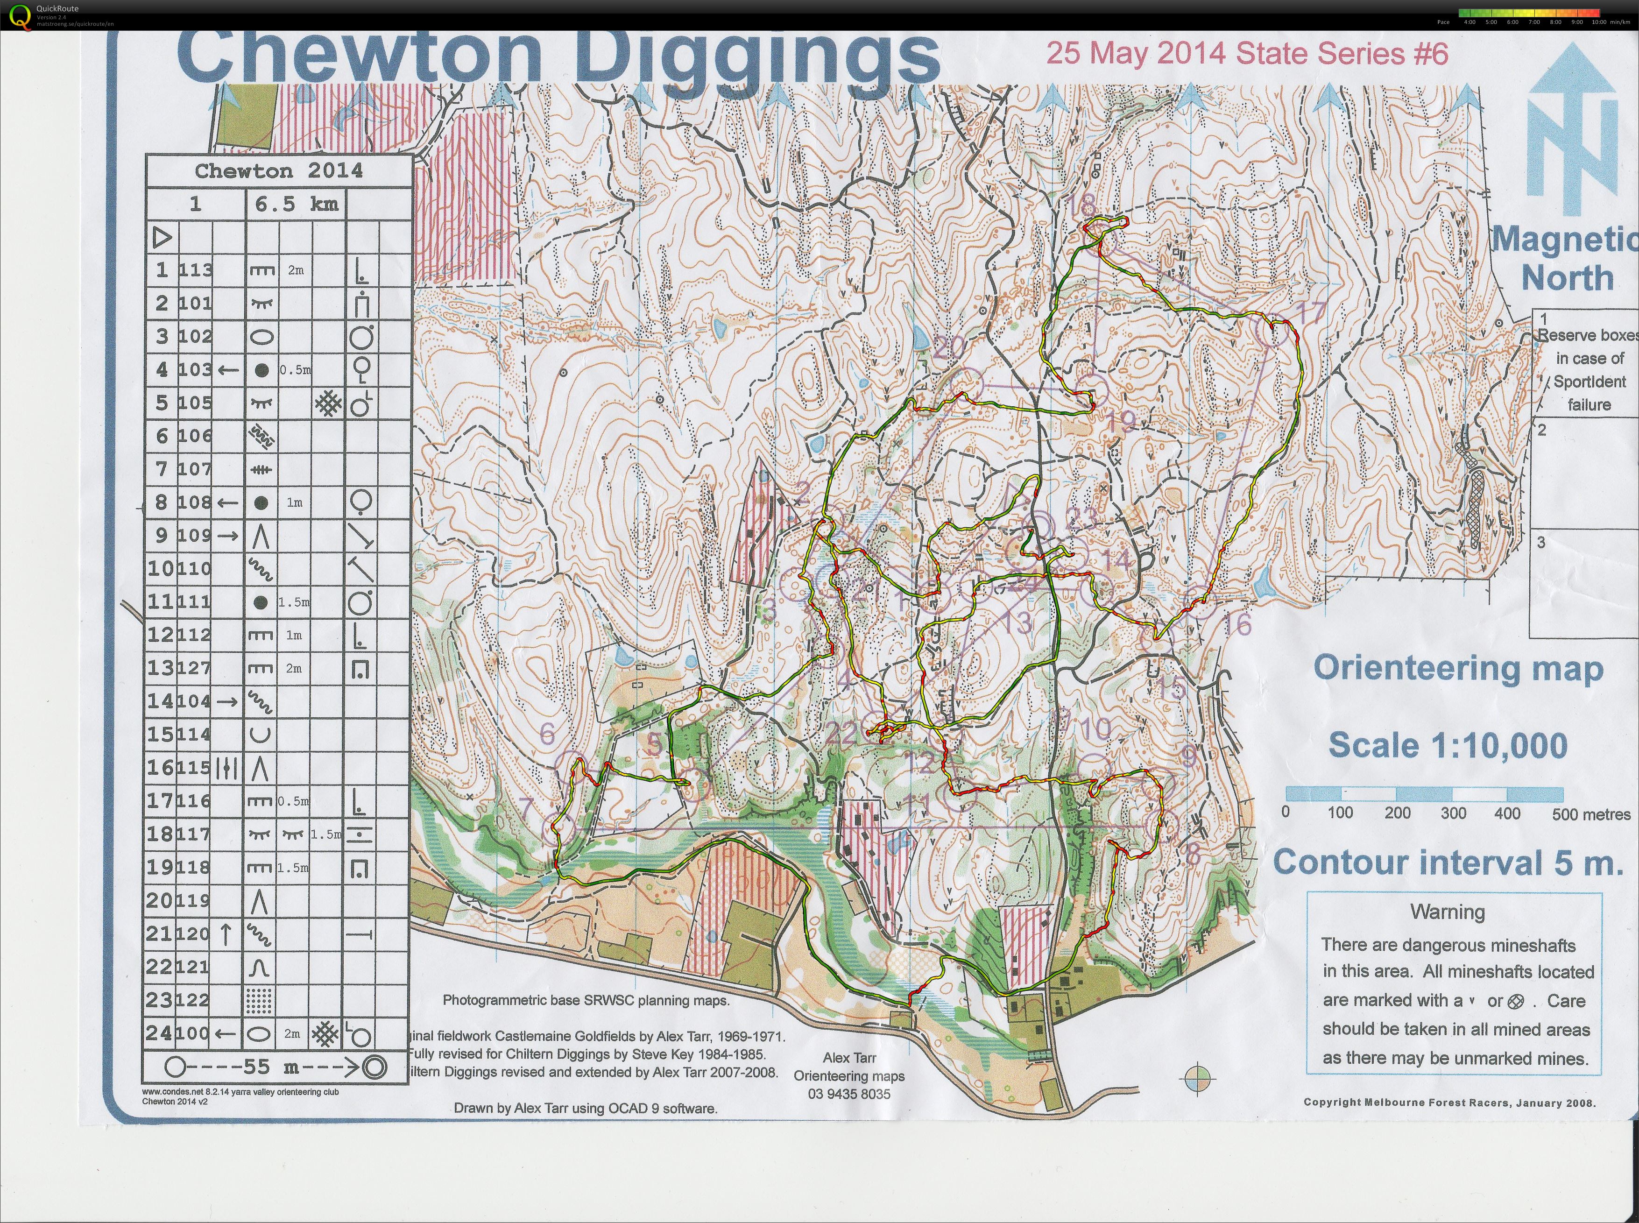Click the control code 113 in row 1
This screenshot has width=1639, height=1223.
(x=195, y=270)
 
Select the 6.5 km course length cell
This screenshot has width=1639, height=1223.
(x=296, y=205)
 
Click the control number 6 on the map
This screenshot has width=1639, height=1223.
(x=547, y=733)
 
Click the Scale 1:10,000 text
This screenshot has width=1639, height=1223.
(x=1447, y=745)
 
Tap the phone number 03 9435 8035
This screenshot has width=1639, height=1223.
(x=849, y=1094)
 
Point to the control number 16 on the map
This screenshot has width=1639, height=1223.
(x=1236, y=624)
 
